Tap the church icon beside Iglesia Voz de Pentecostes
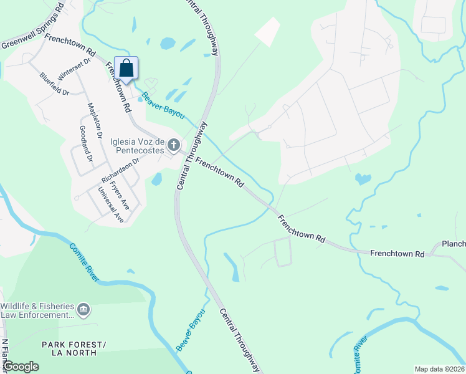tap(174, 145)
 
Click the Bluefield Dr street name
tap(54, 84)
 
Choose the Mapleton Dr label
tap(95, 120)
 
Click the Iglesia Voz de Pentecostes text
tap(137, 145)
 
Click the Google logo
tap(21, 367)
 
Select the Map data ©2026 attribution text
tap(439, 368)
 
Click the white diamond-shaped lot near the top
tap(268, 31)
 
